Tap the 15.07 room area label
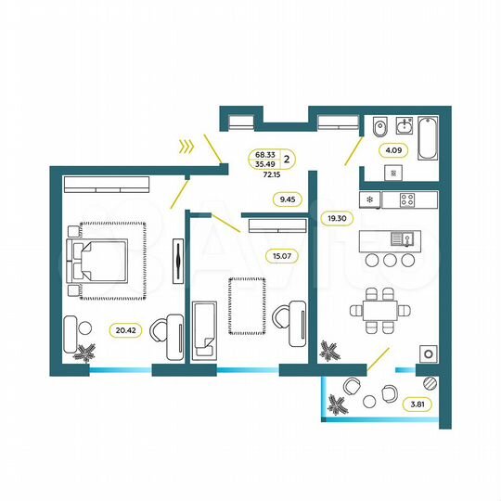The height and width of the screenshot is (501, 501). coord(280,257)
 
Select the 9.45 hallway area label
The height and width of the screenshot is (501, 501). coord(285,198)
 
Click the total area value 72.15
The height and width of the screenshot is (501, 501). coord(271,173)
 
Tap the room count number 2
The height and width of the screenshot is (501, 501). coord(288,159)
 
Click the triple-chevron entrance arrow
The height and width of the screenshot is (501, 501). coord(187,145)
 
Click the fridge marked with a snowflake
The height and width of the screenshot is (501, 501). coord(370,199)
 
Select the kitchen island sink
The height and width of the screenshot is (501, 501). coord(402,238)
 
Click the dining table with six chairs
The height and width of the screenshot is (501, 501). coord(379,310)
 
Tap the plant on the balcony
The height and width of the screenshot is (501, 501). coord(337,405)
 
